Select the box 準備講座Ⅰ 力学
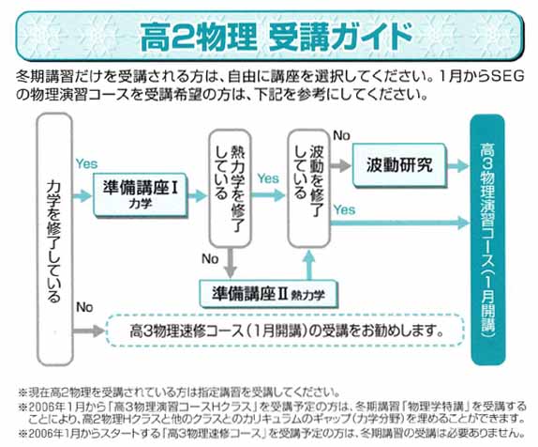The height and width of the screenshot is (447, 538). pyautogui.click(x=141, y=195)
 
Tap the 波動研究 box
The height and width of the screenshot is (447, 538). pyautogui.click(x=399, y=165)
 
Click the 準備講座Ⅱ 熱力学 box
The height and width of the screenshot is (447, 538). pyautogui.click(x=268, y=294)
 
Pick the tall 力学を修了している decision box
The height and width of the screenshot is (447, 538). pyautogui.click(x=54, y=239)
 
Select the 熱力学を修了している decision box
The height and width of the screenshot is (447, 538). pyautogui.click(x=231, y=189)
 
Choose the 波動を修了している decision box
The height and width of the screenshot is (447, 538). pyautogui.click(x=308, y=189)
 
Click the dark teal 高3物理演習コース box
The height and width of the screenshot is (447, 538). pyautogui.click(x=487, y=239)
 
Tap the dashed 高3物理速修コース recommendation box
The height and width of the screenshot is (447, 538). pyautogui.click(x=286, y=331)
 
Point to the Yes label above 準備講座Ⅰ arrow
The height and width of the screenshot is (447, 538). pyautogui.click(x=86, y=164)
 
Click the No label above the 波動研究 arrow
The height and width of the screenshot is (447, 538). pyautogui.click(x=341, y=136)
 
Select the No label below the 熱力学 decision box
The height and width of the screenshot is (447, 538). pyautogui.click(x=210, y=258)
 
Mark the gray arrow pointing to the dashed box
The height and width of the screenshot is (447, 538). pyautogui.click(x=88, y=331)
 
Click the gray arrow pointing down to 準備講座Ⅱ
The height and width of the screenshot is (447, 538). pyautogui.click(x=231, y=263)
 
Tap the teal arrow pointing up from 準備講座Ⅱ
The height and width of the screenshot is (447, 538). pyautogui.click(x=309, y=265)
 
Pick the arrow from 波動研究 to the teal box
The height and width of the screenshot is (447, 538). pyautogui.click(x=458, y=166)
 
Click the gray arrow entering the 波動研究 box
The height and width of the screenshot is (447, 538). pyautogui.click(x=341, y=166)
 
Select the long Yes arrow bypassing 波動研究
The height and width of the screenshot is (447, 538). pyautogui.click(x=399, y=223)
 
